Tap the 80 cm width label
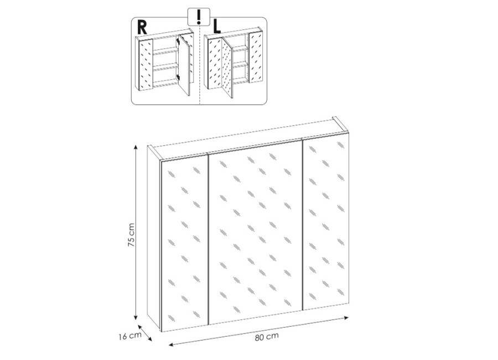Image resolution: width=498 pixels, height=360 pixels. [x=267, y=336]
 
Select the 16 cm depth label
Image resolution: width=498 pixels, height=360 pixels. [x=130, y=336]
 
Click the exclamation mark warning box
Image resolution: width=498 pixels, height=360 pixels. [x=199, y=17]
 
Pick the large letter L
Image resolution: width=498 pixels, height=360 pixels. [x=216, y=27]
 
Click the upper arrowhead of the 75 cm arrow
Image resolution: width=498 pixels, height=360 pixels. [x=136, y=147]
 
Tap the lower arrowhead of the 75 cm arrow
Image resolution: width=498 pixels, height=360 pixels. [x=136, y=316]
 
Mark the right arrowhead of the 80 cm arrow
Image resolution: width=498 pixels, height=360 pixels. [x=346, y=317]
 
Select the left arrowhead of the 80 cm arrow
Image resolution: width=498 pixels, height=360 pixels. [x=172, y=344]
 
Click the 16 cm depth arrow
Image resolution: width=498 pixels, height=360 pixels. [x=145, y=333]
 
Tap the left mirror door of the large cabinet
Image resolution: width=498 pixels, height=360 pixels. [x=185, y=243]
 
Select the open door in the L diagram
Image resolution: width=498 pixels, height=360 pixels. [x=227, y=68]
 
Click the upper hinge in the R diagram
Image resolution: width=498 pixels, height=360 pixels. [x=179, y=42]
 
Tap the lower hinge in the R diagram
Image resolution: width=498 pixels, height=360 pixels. [x=179, y=77]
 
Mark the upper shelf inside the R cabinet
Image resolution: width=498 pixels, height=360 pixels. [x=165, y=50]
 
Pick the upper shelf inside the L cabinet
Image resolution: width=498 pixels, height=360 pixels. [x=241, y=48]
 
